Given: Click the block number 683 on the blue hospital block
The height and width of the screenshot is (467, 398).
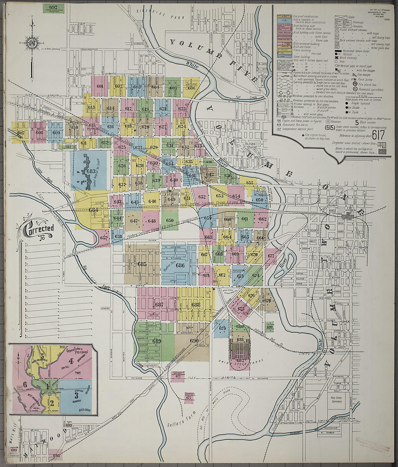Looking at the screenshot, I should [91, 171].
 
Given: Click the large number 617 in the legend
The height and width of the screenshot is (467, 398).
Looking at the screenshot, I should [378, 135].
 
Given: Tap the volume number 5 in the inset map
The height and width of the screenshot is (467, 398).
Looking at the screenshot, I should [43, 356].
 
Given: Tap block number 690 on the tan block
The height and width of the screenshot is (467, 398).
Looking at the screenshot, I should [194, 341].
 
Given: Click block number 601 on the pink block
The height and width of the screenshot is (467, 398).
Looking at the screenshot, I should [100, 86].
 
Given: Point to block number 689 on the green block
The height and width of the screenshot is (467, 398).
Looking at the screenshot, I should [157, 341].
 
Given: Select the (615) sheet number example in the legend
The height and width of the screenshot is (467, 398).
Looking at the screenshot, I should [330, 128].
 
